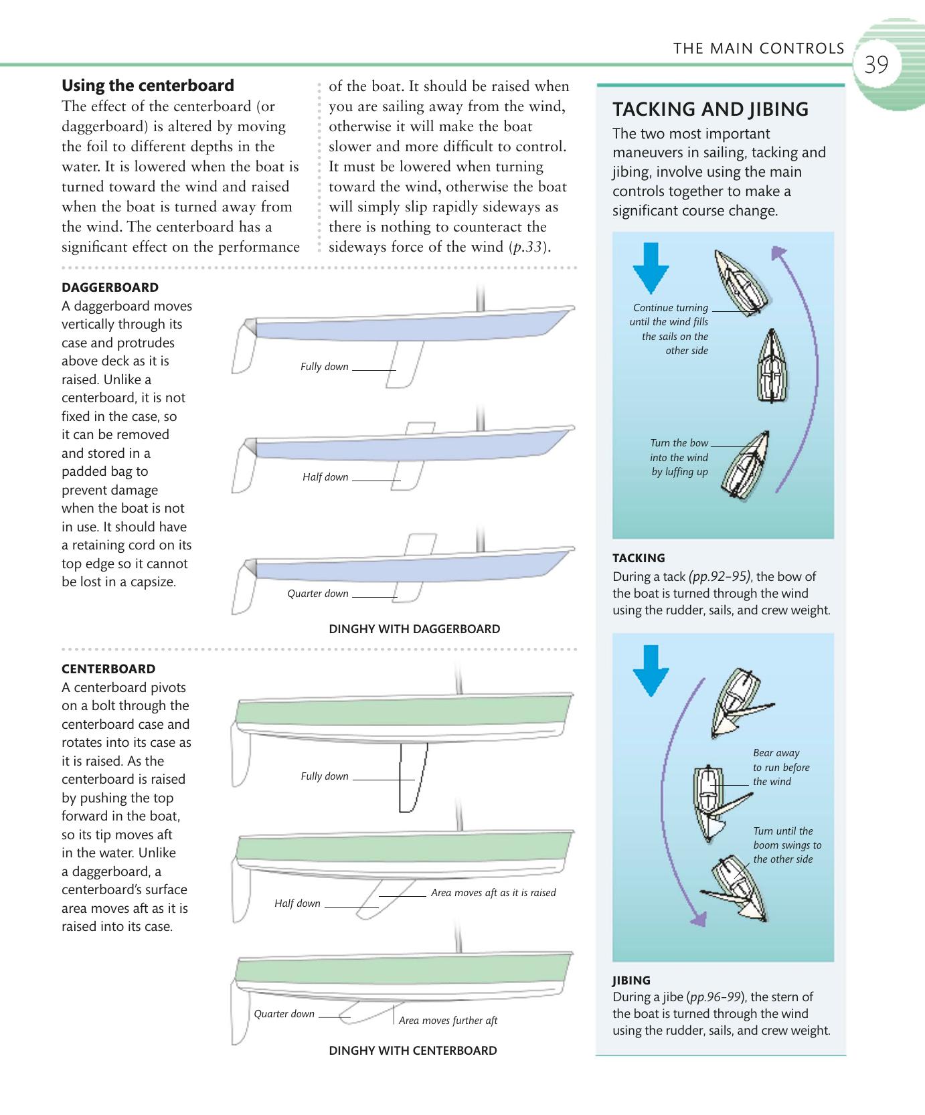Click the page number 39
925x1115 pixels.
point(876,66)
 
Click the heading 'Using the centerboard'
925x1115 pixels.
point(148,86)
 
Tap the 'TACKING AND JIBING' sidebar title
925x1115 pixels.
point(710,109)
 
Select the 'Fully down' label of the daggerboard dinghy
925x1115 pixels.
point(325,367)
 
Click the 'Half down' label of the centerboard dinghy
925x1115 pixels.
point(297,904)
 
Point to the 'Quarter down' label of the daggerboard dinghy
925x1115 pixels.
point(318,594)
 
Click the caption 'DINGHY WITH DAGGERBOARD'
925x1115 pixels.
point(414,629)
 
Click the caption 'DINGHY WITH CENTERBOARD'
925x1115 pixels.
point(413,1051)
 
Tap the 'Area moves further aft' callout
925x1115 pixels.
point(448,1021)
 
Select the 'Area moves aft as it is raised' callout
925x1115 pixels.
point(493,893)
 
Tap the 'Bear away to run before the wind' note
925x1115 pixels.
point(781,768)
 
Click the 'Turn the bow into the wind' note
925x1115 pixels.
point(679,457)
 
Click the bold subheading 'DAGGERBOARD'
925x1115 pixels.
point(110,288)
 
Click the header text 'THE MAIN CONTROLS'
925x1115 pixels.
point(758,48)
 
